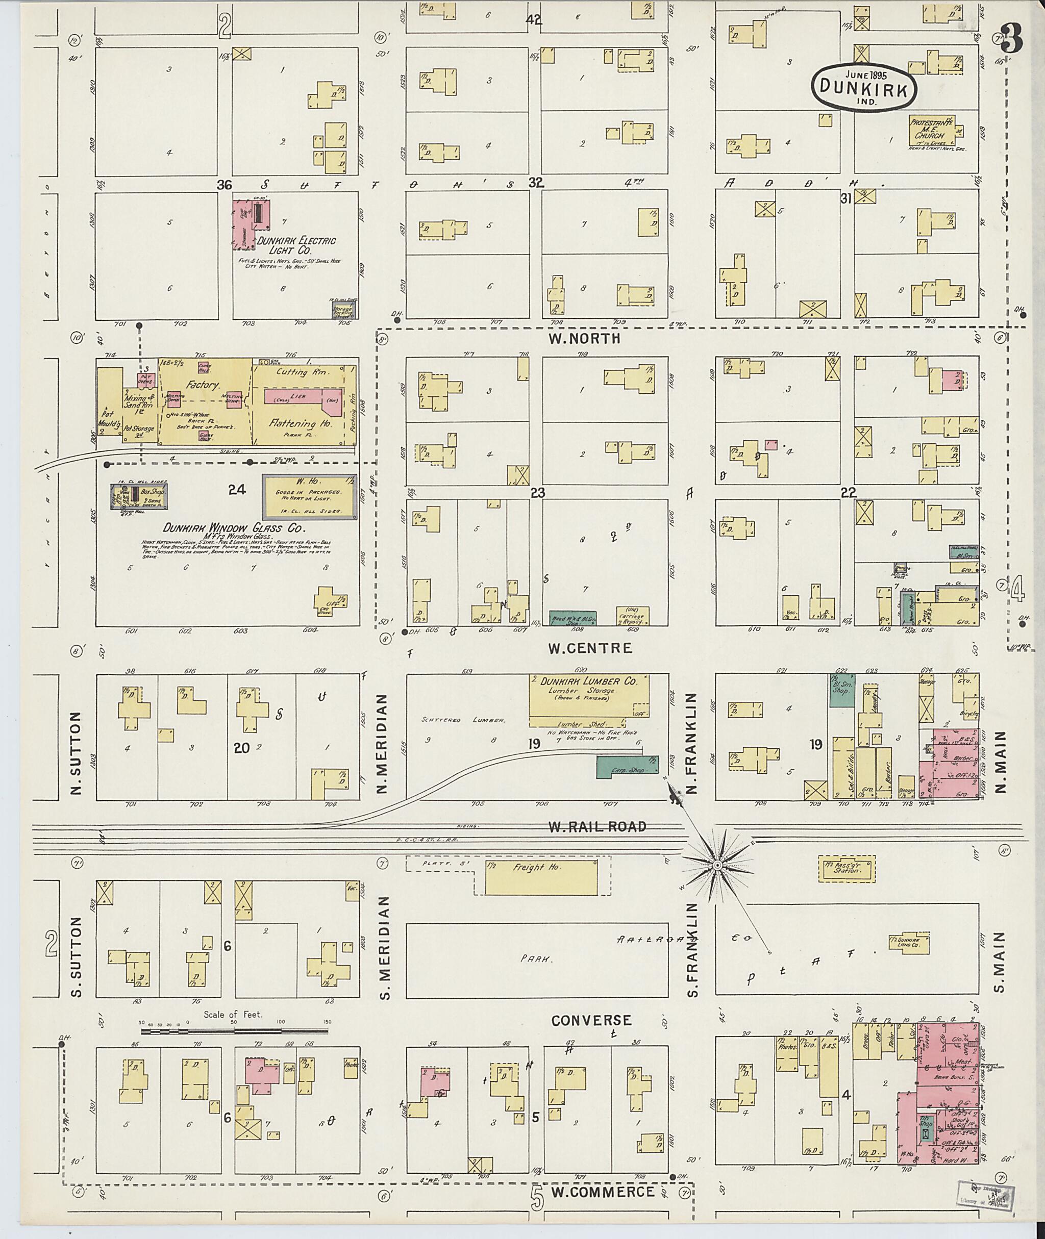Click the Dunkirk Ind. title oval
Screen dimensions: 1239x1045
coord(864,87)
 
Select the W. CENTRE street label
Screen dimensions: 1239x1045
coord(589,648)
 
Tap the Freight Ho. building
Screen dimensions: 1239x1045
coord(541,878)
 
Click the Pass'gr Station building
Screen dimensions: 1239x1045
coord(846,869)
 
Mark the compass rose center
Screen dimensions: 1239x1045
coord(717,866)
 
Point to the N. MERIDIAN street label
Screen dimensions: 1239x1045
coord(382,744)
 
